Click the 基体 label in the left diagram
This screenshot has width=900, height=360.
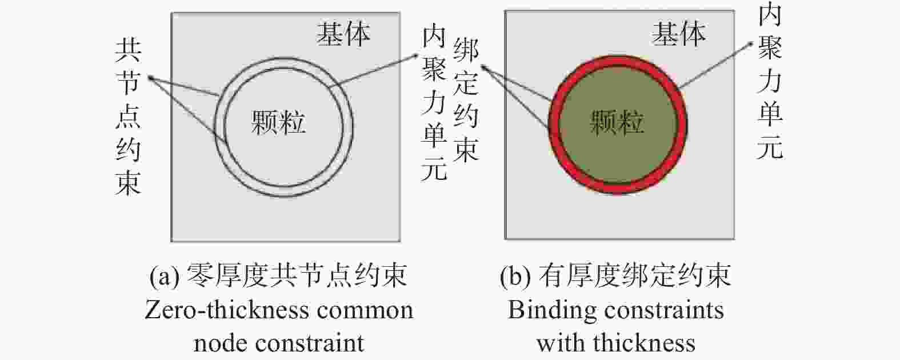(x=343, y=34)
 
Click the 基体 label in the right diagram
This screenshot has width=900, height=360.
(x=678, y=34)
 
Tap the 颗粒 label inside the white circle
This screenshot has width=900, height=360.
(x=278, y=122)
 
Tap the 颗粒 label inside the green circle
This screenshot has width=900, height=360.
(x=617, y=122)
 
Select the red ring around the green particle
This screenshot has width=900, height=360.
(x=553, y=125)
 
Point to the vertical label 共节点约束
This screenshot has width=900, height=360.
(x=128, y=117)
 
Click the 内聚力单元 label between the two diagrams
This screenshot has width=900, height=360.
(x=434, y=104)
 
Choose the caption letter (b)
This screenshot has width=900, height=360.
(x=515, y=277)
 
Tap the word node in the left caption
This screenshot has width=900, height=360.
(x=221, y=344)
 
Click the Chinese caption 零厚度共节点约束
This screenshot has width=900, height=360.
(x=297, y=276)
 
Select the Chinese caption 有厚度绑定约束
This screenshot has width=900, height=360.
(x=634, y=276)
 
